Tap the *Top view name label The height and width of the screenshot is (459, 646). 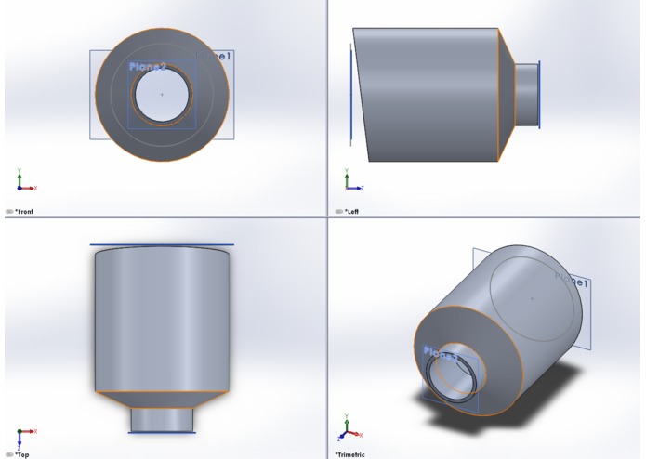21,454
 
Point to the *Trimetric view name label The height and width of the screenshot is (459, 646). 350,454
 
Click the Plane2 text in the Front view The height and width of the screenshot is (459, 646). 148,67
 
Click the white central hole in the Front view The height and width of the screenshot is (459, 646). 162,95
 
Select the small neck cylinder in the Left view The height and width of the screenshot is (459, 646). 526,95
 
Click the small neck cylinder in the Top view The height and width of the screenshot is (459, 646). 162,419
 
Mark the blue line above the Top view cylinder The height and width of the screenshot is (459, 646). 162,245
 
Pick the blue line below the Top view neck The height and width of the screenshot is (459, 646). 162,432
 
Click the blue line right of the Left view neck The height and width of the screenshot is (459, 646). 540,95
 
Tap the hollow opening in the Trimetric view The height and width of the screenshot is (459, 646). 452,381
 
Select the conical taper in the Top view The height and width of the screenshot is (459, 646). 162,400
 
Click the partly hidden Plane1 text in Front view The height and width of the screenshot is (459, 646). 222,58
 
